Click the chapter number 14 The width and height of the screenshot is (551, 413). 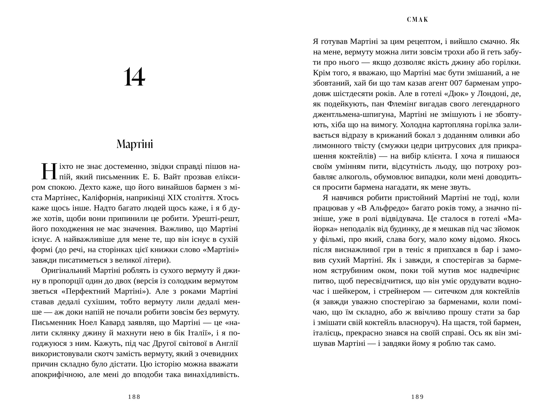tap(134, 77)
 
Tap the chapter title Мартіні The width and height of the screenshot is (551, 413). tap(135, 144)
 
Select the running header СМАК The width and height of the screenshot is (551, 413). tap(418, 20)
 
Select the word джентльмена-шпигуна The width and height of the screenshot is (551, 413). tap(353, 114)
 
